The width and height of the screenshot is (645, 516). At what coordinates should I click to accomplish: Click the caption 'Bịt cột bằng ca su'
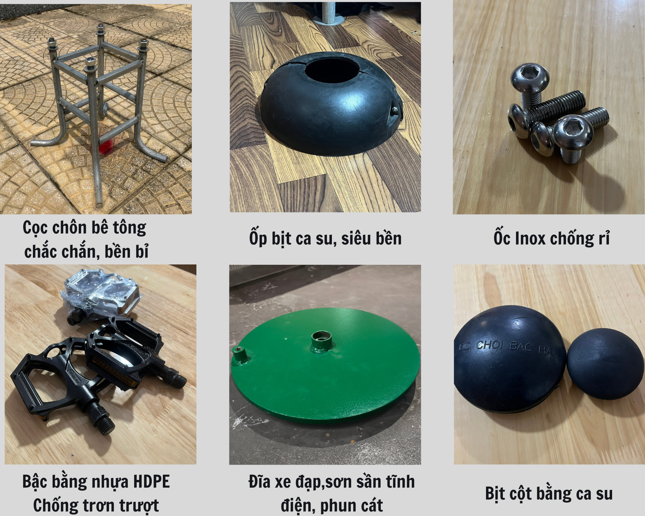549,493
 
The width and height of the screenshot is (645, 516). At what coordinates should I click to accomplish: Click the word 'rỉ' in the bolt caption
603,238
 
